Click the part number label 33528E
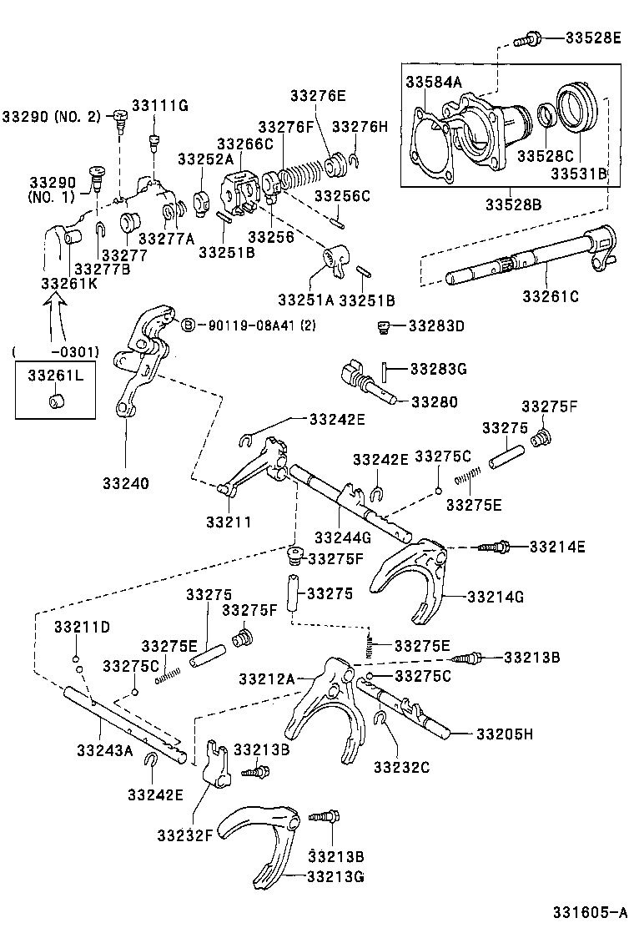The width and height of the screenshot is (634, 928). [593, 38]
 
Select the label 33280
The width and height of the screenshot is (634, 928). [434, 401]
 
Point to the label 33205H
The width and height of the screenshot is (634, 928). [504, 734]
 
